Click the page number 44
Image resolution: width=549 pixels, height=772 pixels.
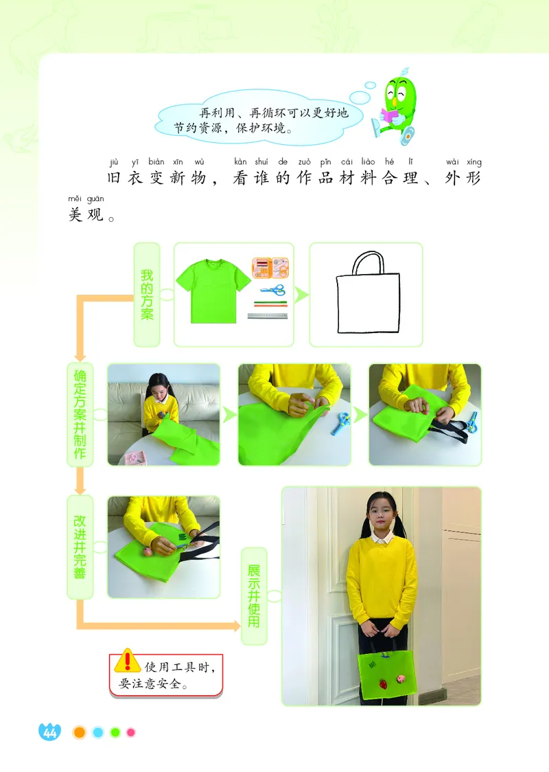pyautogui.click(x=49, y=733)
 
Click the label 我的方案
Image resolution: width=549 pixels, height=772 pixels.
pyautogui.click(x=147, y=294)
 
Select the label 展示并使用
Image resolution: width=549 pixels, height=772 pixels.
pyautogui.click(x=254, y=595)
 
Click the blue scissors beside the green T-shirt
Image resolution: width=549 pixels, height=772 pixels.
pyautogui.click(x=272, y=290)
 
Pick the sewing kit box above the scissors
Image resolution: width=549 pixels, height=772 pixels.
pyautogui.click(x=270, y=268)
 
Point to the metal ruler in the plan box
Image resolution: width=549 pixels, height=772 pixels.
pyautogui.click(x=271, y=317)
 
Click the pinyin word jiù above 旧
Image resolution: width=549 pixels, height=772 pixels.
pyautogui.click(x=114, y=163)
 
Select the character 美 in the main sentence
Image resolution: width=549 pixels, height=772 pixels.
pyautogui.click(x=75, y=215)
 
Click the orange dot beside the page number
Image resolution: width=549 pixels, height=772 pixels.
pyautogui.click(x=80, y=733)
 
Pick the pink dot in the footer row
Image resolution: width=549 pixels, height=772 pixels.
pyautogui.click(x=131, y=733)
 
